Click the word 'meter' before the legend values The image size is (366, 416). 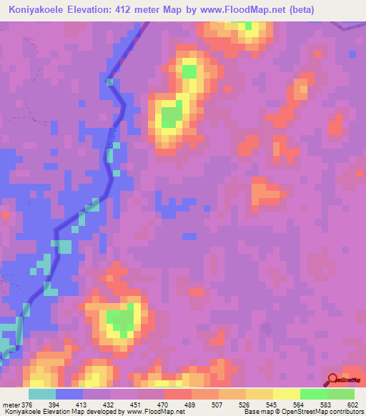10,405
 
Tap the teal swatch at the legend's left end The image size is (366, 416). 42,394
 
